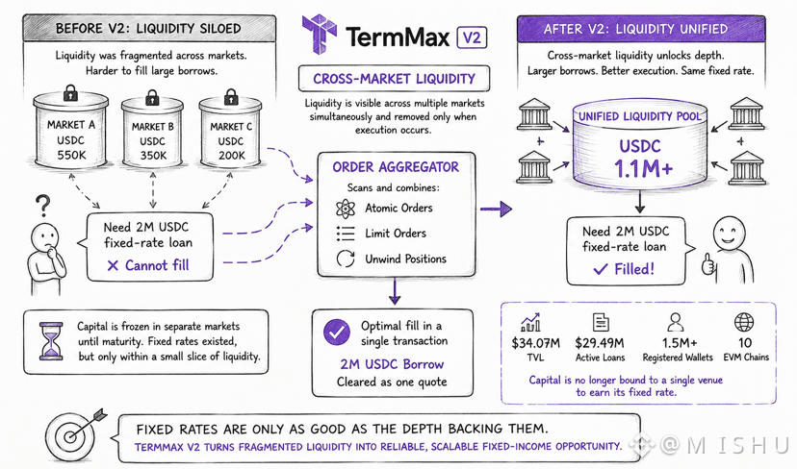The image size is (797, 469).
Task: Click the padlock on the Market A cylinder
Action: (70, 93)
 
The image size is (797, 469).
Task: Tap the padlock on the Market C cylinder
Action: (231, 96)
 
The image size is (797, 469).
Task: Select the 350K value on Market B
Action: (153, 156)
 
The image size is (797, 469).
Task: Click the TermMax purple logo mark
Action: (320, 34)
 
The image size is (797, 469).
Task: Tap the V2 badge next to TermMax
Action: (473, 37)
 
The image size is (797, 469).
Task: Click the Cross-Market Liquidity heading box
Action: (394, 79)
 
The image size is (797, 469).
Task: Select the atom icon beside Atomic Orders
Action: (346, 209)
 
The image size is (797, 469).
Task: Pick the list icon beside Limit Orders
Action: (346, 234)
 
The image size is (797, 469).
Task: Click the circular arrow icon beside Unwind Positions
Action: (346, 259)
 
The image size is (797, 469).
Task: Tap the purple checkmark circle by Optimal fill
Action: (337, 333)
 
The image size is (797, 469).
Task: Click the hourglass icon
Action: (51, 340)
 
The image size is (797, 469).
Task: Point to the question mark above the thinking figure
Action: (43, 207)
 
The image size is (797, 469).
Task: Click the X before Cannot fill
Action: (113, 265)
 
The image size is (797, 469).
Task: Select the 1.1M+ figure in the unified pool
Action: (643, 169)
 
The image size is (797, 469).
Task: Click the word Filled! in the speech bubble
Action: (634, 269)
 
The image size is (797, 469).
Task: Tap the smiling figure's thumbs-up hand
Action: (708, 264)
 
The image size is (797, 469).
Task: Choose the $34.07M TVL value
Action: (536, 344)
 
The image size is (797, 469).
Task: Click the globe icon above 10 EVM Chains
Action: (744, 322)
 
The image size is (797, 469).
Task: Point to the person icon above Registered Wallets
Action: (676, 322)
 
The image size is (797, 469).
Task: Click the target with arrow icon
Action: (75, 434)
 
